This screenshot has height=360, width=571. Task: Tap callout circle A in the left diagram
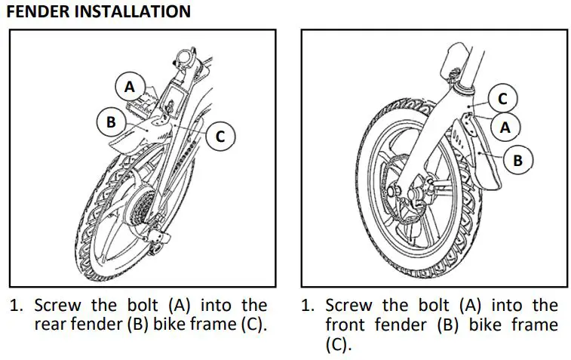(130, 87)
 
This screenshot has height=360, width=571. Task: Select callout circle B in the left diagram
(111, 122)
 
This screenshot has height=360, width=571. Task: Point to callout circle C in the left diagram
(220, 137)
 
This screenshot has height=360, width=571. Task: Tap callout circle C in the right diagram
(502, 97)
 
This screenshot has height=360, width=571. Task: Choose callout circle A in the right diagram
(505, 128)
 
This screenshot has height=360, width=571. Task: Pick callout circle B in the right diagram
(518, 160)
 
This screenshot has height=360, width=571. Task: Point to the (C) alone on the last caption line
(339, 345)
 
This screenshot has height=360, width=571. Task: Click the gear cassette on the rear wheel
(144, 205)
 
